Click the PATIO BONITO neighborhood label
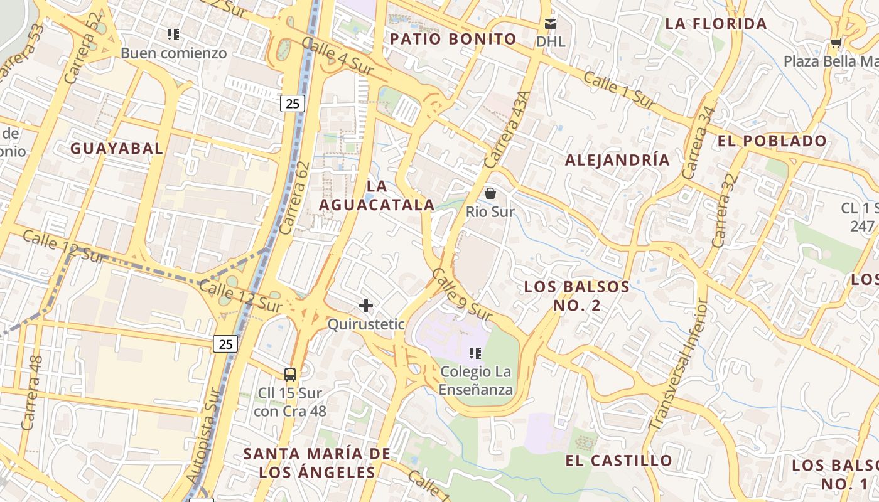[x=453, y=39]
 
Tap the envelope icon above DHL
[x=551, y=24]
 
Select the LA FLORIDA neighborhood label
[x=716, y=24]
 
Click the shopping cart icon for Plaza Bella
[x=835, y=43]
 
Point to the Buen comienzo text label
[x=173, y=53]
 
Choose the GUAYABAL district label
[x=117, y=149]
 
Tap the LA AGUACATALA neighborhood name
[x=377, y=195]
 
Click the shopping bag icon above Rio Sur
[x=490, y=193]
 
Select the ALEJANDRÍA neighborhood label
[x=617, y=160]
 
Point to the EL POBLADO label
[x=772, y=141]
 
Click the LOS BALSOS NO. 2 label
[x=577, y=296]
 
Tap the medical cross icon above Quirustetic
[x=366, y=306]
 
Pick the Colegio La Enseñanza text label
[x=476, y=380]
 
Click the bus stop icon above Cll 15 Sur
[x=289, y=375]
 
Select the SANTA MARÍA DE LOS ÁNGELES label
[x=316, y=462]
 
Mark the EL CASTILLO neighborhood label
[x=618, y=461]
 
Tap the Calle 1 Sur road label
[x=619, y=89]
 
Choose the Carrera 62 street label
[x=295, y=198]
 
